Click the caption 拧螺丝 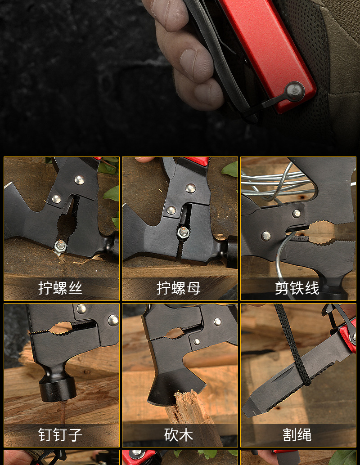coord(60,288)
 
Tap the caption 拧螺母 coord(179,288)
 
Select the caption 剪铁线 coord(297,288)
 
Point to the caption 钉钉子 coord(60,435)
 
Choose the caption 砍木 coord(179,435)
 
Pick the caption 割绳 coord(297,435)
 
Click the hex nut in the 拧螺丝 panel coord(60,245)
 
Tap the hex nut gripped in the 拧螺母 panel coord(183,232)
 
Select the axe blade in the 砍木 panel coord(175,387)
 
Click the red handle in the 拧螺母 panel coord(196,161)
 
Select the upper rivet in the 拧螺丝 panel coord(79,180)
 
